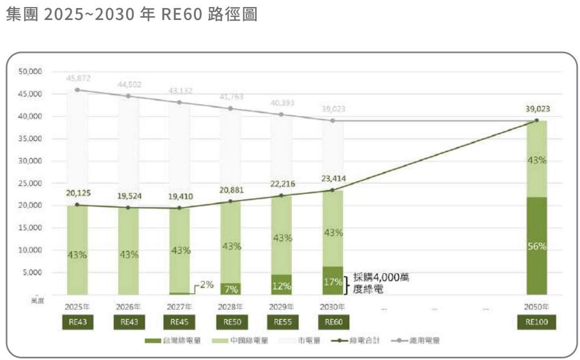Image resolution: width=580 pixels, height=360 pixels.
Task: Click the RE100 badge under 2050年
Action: (x=536, y=323)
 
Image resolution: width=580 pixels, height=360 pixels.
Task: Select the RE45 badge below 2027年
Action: (x=180, y=323)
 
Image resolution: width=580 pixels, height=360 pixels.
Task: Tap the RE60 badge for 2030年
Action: (x=333, y=323)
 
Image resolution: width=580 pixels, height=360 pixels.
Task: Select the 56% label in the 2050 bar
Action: (x=536, y=246)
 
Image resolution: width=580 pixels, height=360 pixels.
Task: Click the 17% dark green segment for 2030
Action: (x=333, y=281)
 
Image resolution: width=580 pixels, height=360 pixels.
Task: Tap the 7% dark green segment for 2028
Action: (x=231, y=289)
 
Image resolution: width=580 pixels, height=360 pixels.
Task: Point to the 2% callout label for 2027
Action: (x=206, y=284)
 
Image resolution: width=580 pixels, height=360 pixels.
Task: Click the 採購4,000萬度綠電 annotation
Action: (x=378, y=283)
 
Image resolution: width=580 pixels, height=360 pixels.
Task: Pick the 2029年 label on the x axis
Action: (x=282, y=307)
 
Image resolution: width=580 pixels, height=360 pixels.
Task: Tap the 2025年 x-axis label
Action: (x=77, y=307)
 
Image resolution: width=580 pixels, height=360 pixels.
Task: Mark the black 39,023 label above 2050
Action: (x=536, y=108)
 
